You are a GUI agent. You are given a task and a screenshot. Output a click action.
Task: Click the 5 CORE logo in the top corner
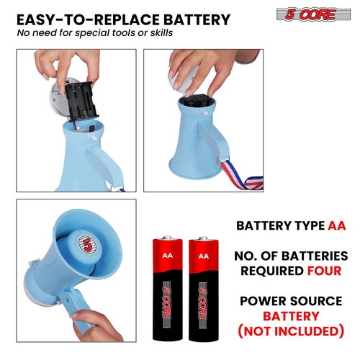click(x=313, y=14)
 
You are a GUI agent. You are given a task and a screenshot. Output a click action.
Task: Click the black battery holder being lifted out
click(x=81, y=101)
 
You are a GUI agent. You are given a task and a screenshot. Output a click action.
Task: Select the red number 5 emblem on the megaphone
click(x=88, y=244)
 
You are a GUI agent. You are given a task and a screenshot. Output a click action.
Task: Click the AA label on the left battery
click(x=168, y=256)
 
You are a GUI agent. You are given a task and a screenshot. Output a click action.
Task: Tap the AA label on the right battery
click(x=204, y=256)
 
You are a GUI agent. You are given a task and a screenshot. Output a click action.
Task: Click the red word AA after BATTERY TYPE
click(x=337, y=225)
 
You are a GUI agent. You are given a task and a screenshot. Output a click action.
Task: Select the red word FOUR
click(x=325, y=271)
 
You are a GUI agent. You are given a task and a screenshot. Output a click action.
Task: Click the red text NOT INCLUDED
click(x=291, y=331)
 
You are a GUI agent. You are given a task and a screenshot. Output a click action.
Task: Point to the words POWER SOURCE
click(x=291, y=301)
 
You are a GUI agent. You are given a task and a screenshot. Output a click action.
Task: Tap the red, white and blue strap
click(x=240, y=176)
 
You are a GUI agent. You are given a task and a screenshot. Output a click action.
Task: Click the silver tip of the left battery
click(x=168, y=238)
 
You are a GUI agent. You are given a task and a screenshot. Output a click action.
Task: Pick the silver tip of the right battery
click(x=204, y=238)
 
